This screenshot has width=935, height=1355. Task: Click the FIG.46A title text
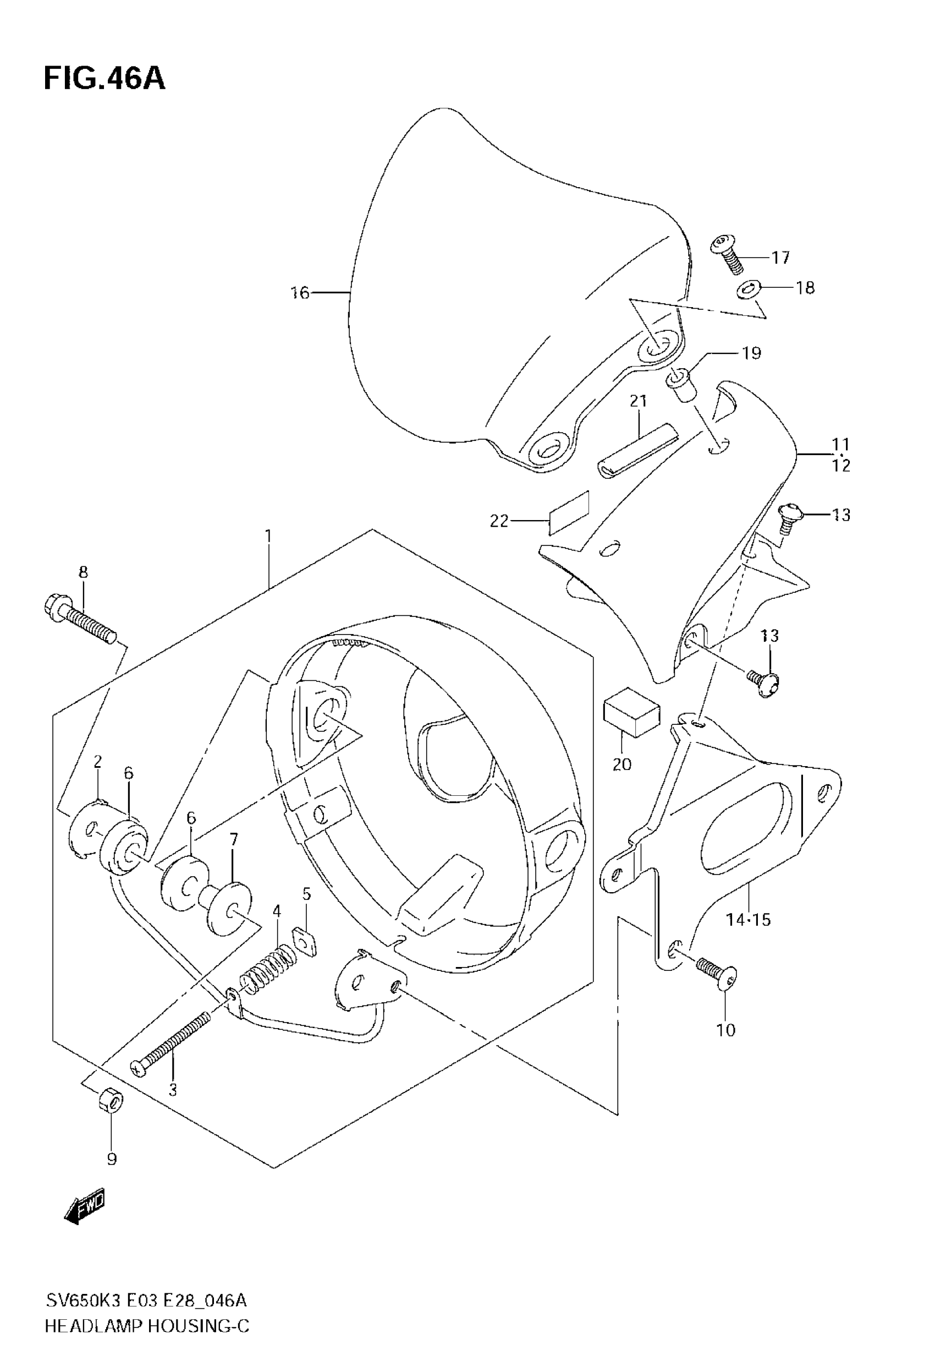105,79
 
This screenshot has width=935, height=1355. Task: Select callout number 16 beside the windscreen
300,292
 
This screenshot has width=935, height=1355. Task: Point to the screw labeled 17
727,253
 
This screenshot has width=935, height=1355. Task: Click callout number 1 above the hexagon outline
268,536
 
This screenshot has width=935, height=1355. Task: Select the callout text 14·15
748,920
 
